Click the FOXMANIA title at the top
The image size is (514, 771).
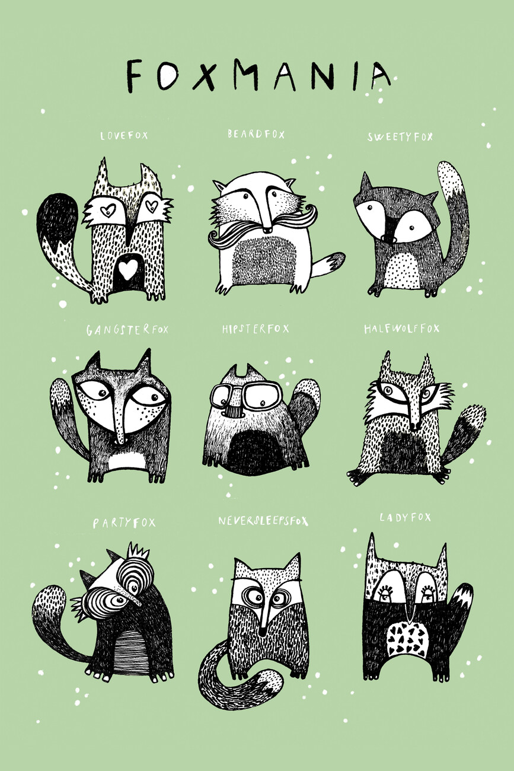coord(258,76)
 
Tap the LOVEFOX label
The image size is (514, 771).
coord(124,135)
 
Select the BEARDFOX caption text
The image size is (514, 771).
coord(256,134)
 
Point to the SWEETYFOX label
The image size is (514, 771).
coord(400,137)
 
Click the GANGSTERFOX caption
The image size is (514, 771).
coord(127,330)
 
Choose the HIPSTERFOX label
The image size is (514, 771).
coord(256,329)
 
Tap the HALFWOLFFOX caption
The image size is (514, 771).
coord(402,329)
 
